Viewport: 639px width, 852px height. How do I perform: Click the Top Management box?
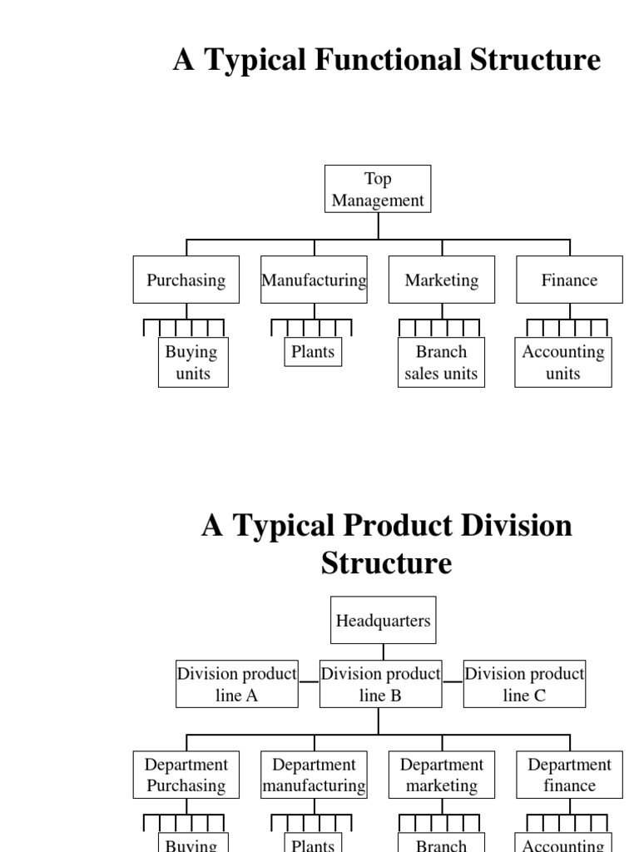coord(378,189)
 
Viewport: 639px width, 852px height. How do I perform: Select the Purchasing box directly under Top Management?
coord(186,280)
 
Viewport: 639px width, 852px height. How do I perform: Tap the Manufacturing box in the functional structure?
coord(314,280)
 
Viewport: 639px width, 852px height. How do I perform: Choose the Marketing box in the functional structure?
coord(442,280)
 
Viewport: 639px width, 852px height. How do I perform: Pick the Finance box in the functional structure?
coord(569,280)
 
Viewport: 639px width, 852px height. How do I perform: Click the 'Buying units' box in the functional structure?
coord(193,362)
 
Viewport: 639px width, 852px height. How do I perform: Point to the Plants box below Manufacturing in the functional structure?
coord(313,351)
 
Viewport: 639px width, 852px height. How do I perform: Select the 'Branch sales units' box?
coord(441,362)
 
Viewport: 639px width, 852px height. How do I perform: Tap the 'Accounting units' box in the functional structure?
coord(563,362)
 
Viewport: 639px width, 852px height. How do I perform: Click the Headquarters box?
coord(383,620)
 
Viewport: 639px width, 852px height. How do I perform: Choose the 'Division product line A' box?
coord(237,684)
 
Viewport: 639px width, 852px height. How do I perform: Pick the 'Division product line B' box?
coord(380,684)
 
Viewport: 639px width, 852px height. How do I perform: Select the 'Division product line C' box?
coord(524,684)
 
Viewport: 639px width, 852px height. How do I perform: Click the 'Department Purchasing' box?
coord(186,775)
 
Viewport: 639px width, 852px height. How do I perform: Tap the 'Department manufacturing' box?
coord(314,775)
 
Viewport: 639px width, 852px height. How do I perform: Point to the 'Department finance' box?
coord(569,775)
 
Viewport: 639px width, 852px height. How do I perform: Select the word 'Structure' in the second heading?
coord(386,563)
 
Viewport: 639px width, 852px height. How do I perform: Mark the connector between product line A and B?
coord(309,681)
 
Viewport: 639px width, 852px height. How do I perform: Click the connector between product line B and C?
coord(453,681)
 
